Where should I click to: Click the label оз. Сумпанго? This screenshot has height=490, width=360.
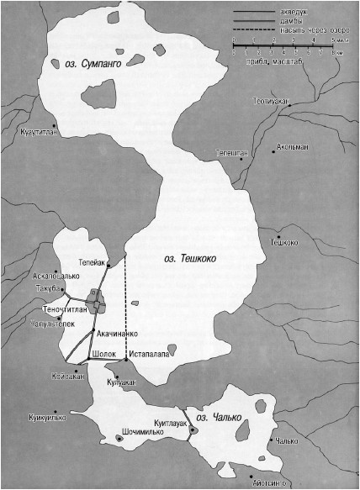pos(93,62)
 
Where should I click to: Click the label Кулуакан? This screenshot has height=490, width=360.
pos(121,382)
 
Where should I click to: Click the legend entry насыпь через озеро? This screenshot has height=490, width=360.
pos(306,30)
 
